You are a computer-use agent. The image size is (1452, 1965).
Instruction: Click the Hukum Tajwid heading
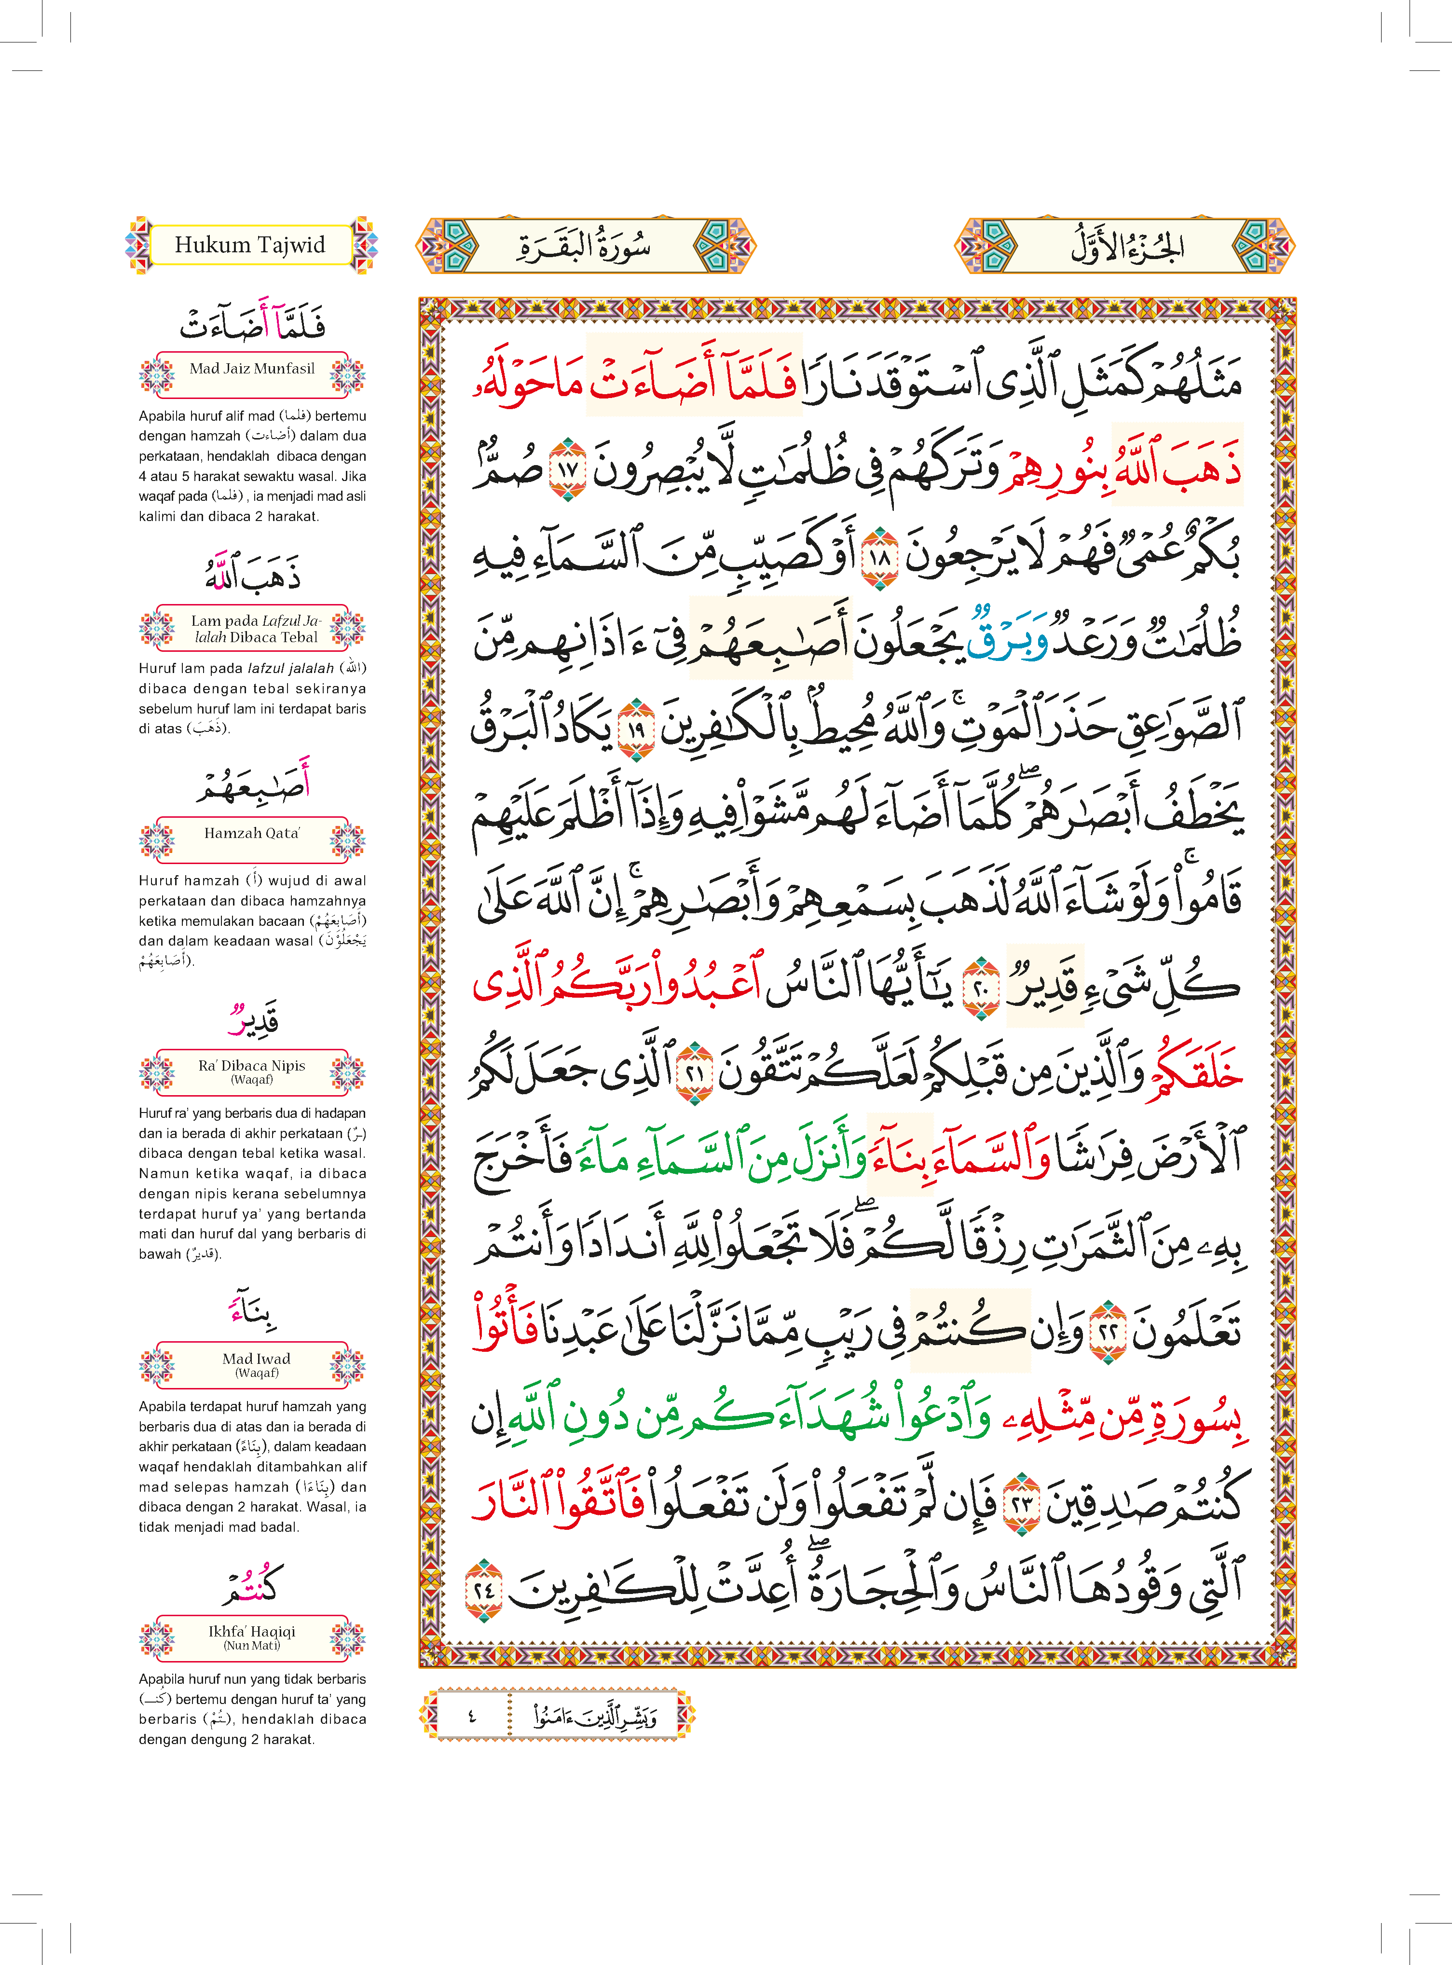pos(250,245)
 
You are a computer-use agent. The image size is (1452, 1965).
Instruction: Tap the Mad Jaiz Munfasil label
pos(252,369)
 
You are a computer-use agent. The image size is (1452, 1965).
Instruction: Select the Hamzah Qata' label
pos(252,833)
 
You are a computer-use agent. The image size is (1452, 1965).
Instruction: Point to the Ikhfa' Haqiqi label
pos(252,1636)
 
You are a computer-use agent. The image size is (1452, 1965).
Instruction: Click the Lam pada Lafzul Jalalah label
pos(255,628)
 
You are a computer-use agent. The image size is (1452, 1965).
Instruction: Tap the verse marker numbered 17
pos(567,468)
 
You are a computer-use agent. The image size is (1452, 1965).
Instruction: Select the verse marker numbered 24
pos(482,1590)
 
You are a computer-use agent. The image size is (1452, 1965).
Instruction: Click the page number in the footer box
pos(471,1716)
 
